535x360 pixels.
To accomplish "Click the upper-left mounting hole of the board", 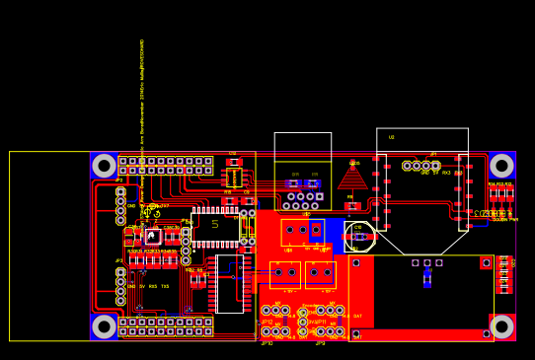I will click(104, 166).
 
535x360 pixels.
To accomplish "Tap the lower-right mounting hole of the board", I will click(501, 326).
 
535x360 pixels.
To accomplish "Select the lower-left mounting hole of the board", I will click(104, 326).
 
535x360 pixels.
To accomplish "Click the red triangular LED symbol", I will click(352, 178).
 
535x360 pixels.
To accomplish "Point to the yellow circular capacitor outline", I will click(359, 237).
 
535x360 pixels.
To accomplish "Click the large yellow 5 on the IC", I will click(215, 225).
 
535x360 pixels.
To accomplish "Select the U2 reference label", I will click(391, 137).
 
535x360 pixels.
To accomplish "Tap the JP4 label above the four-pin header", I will click(432, 155).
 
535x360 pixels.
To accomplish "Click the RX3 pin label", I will click(446, 174).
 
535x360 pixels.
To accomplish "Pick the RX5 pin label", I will click(153, 287).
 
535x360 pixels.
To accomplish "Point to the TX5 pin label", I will click(165, 287).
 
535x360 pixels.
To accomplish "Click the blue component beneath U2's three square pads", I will click(427, 279).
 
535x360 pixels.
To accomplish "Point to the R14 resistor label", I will click(492, 184).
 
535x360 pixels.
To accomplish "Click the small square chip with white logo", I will click(153, 237).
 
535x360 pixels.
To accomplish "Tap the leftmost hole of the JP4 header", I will click(407, 166).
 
